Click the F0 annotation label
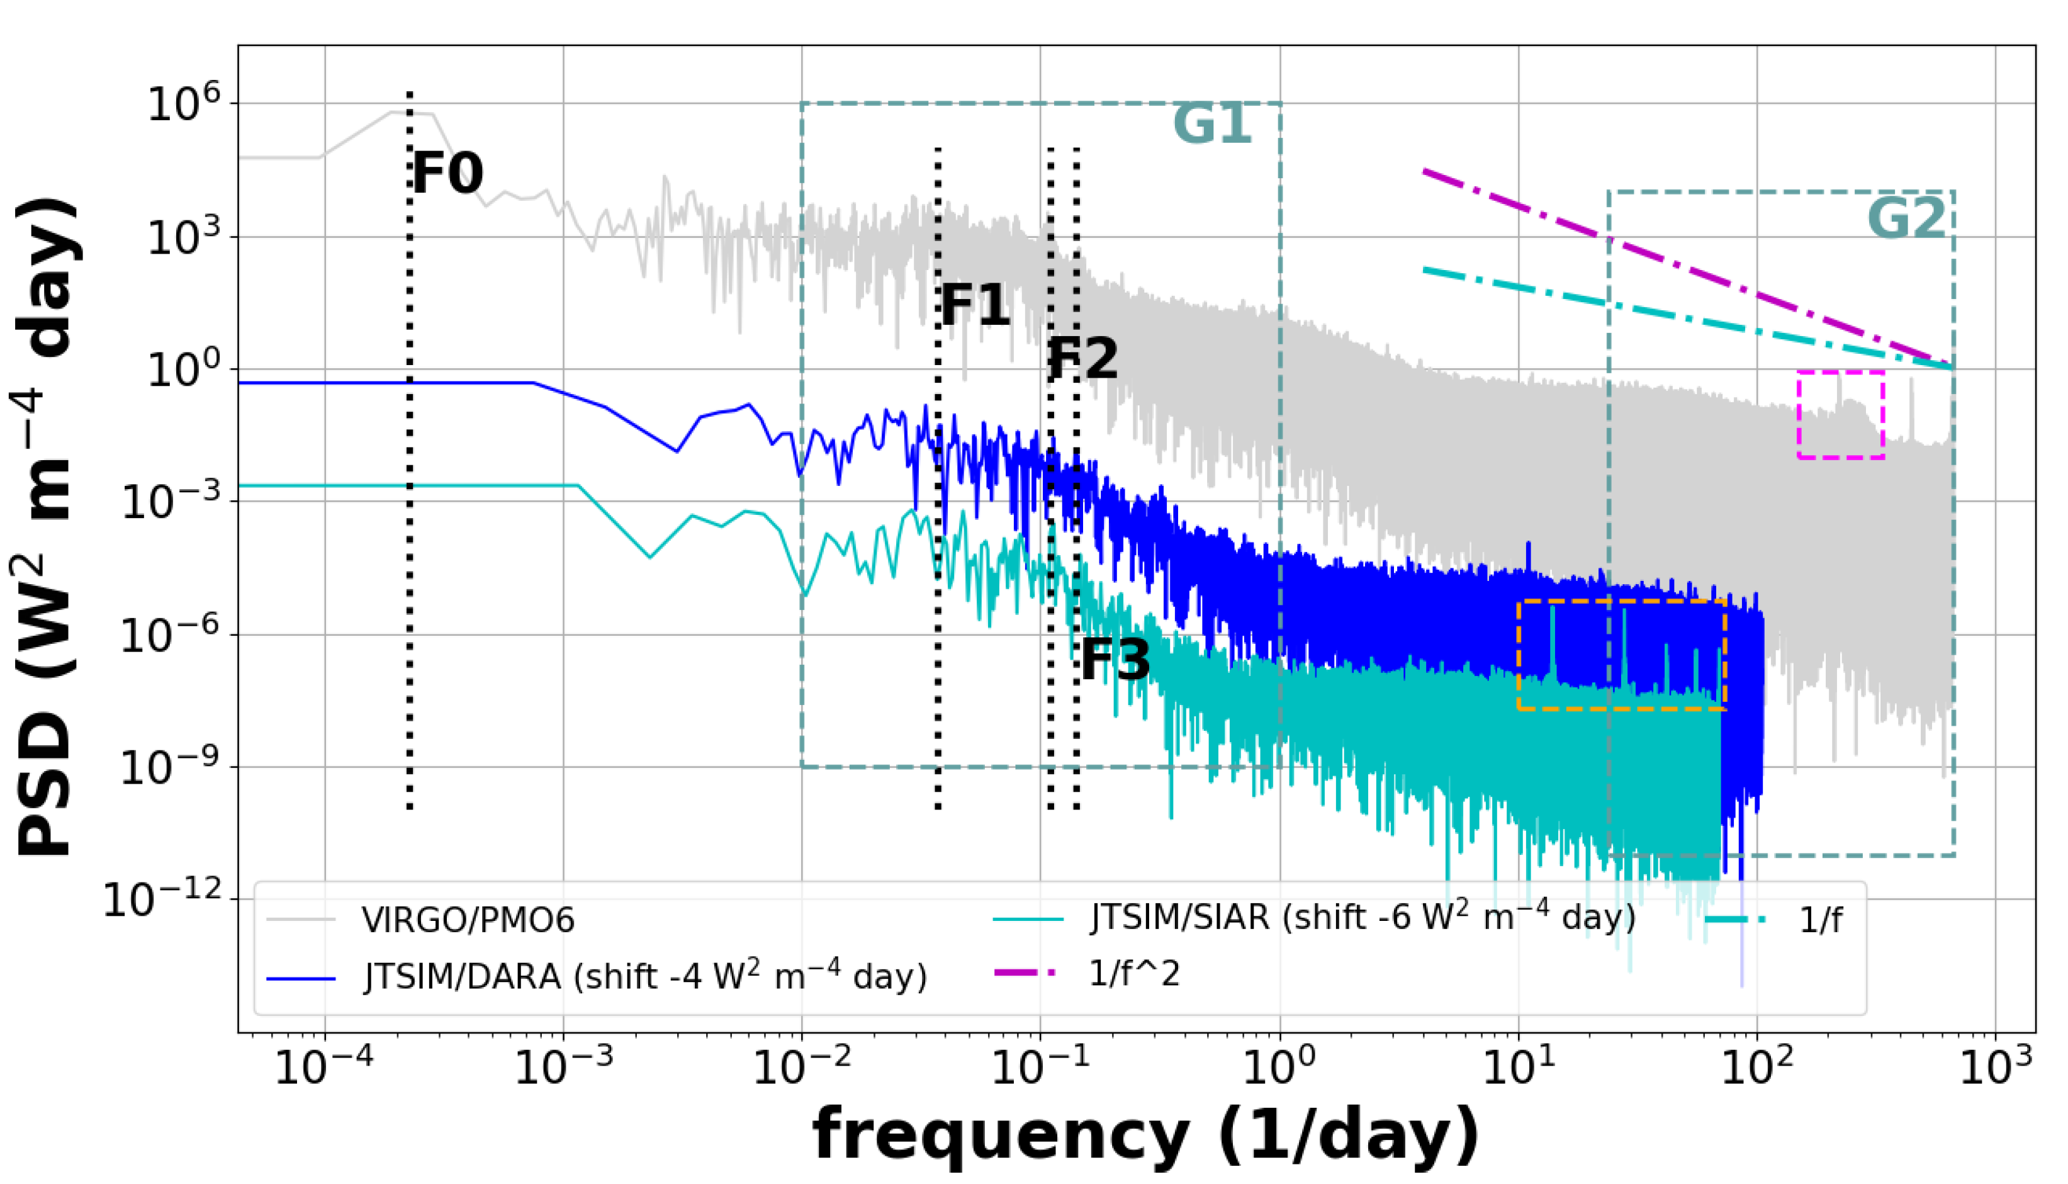click(447, 173)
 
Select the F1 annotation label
click(975, 306)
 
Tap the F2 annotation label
click(1082, 359)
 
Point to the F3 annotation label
click(1115, 660)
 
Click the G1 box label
click(1212, 125)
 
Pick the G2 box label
click(1907, 218)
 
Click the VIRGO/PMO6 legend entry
click(468, 920)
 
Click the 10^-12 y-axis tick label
click(162, 900)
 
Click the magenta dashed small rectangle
click(1840, 415)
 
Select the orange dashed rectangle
click(1622, 655)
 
